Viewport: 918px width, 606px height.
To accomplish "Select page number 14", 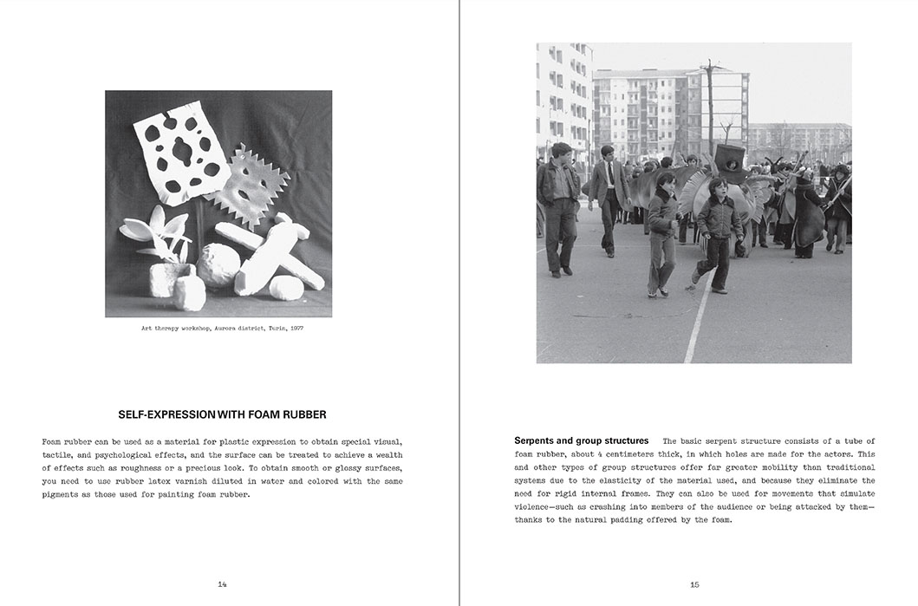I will [223, 584].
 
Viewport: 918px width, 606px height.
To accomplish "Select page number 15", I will [694, 584].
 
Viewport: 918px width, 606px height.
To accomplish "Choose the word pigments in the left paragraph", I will [62, 494].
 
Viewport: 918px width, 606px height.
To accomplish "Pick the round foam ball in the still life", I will [217, 264].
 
